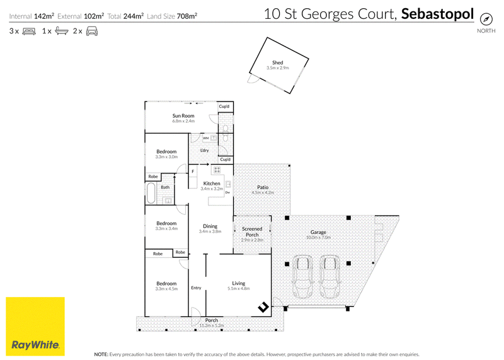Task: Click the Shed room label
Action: pos(277,63)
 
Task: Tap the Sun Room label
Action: pos(183,116)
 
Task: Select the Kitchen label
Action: pos(212,183)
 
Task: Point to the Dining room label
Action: pos(210,226)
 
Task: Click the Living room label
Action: pos(239,284)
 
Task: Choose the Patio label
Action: pos(263,187)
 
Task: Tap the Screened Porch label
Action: pos(252,231)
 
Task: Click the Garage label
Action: pos(318,232)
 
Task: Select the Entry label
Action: pos(196,288)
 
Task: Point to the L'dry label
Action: pos(204,150)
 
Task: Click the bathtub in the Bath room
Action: pos(151,193)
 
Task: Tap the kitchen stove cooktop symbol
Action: pos(217,170)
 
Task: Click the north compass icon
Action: pos(486,19)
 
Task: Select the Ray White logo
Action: pos(35,326)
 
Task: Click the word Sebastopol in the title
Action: pos(437,14)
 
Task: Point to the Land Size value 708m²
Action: pos(186,16)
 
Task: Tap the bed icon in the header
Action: pos(29,31)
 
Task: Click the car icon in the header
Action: pos(92,31)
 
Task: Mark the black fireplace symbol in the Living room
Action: pos(263,307)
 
